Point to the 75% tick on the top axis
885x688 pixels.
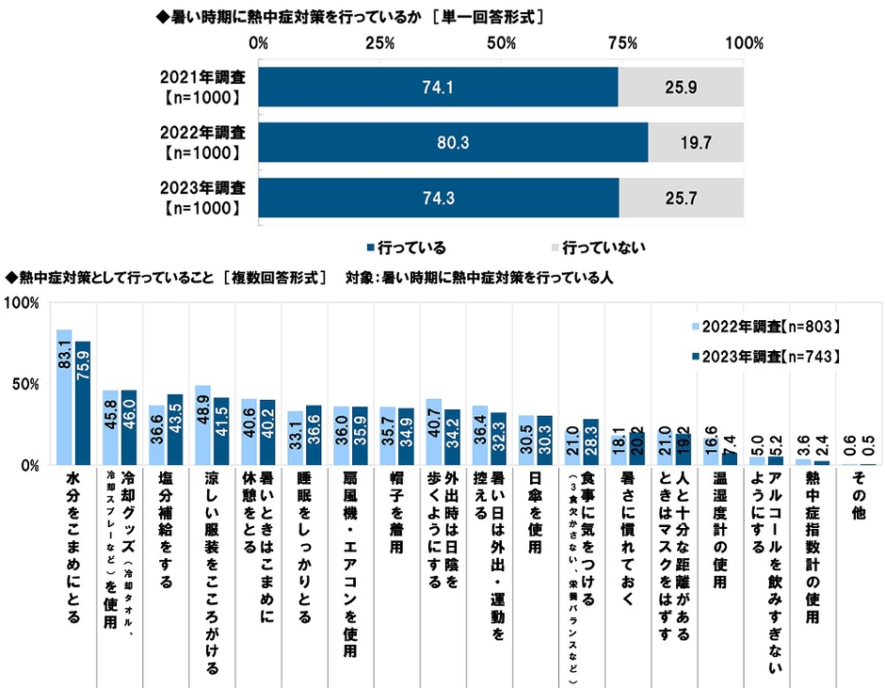click(623, 43)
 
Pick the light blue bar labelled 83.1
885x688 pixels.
click(64, 396)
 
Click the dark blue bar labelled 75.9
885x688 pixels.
click(82, 403)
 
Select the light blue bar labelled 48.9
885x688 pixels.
click(202, 424)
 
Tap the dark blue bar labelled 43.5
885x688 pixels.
click(174, 429)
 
